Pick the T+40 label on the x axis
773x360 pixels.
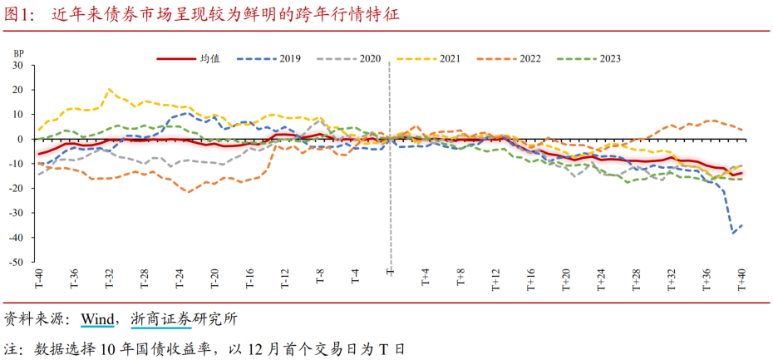(x=742, y=278)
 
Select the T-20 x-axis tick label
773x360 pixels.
(x=214, y=278)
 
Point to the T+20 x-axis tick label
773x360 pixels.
(x=566, y=278)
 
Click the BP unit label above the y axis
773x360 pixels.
(x=18, y=52)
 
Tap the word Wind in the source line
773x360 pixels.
(x=96, y=319)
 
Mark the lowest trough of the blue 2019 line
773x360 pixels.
(x=733, y=233)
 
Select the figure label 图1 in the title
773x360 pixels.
(x=19, y=14)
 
